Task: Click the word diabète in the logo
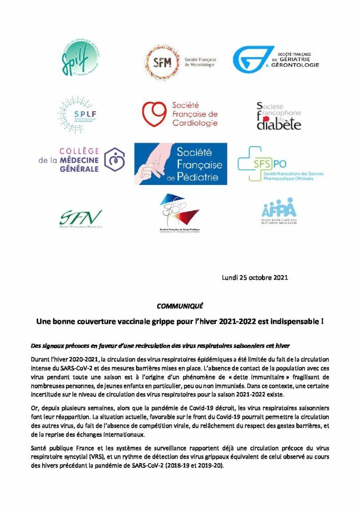point(278,124)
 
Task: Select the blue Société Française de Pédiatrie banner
point(180,164)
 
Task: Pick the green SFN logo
point(81,217)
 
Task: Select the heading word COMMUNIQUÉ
point(180,306)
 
